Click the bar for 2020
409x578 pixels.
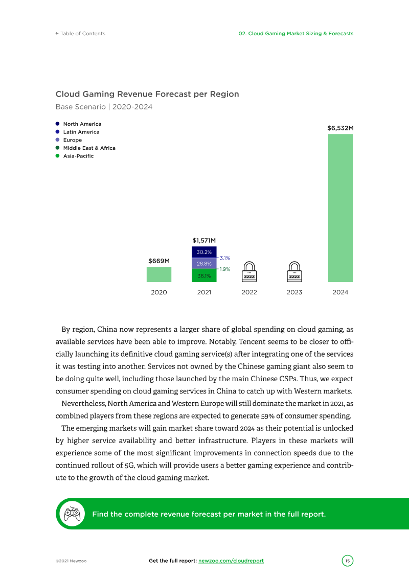tap(159, 274)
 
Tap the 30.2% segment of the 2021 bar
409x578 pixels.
tap(204, 252)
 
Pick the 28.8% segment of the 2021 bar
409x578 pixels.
tap(204, 264)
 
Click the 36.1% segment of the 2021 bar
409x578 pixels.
tap(204, 276)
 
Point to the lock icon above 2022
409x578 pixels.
tap(249, 272)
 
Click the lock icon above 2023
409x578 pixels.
tap(294, 272)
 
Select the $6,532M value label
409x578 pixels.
tap(340, 129)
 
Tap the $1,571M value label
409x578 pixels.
tap(204, 240)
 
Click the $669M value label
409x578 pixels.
tap(159, 261)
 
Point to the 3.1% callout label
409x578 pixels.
tap(225, 258)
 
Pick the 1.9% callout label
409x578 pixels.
tap(225, 269)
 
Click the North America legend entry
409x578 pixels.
tap(82, 124)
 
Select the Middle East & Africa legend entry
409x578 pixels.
tap(89, 148)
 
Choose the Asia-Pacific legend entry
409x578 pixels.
tap(78, 156)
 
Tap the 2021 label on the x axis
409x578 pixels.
tap(204, 292)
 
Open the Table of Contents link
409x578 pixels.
tap(80, 34)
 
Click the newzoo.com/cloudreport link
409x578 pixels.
tap(231, 561)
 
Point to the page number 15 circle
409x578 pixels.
tap(348, 561)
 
